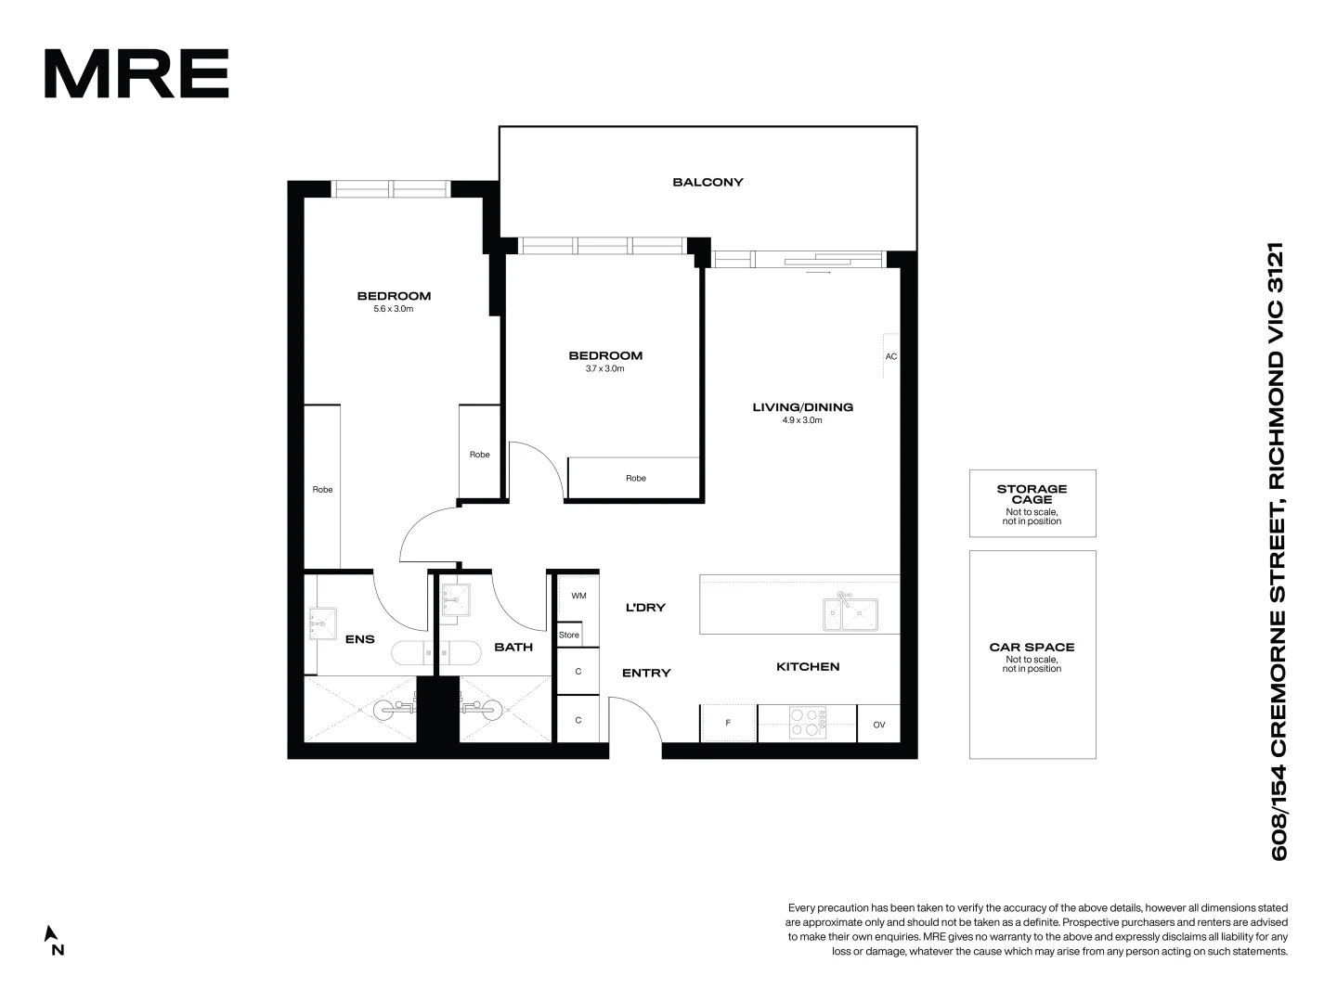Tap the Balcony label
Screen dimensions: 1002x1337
707,183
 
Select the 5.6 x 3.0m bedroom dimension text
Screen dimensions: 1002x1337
394,309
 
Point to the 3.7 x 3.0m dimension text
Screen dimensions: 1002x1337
604,368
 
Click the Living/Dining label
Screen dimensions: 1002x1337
802,407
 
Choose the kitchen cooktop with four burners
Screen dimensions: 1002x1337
808,723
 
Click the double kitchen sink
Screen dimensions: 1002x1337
850,612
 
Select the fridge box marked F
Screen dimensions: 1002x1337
728,723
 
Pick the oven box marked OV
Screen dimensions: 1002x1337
878,724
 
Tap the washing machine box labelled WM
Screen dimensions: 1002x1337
578,597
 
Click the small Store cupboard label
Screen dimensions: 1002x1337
569,636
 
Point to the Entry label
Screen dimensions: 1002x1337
646,674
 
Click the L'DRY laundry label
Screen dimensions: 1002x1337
645,608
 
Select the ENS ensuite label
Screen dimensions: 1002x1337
359,639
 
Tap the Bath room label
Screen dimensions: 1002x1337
513,647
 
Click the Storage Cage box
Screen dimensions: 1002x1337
1032,503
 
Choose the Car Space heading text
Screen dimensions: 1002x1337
1032,648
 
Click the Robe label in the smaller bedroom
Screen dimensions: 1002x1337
635,479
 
